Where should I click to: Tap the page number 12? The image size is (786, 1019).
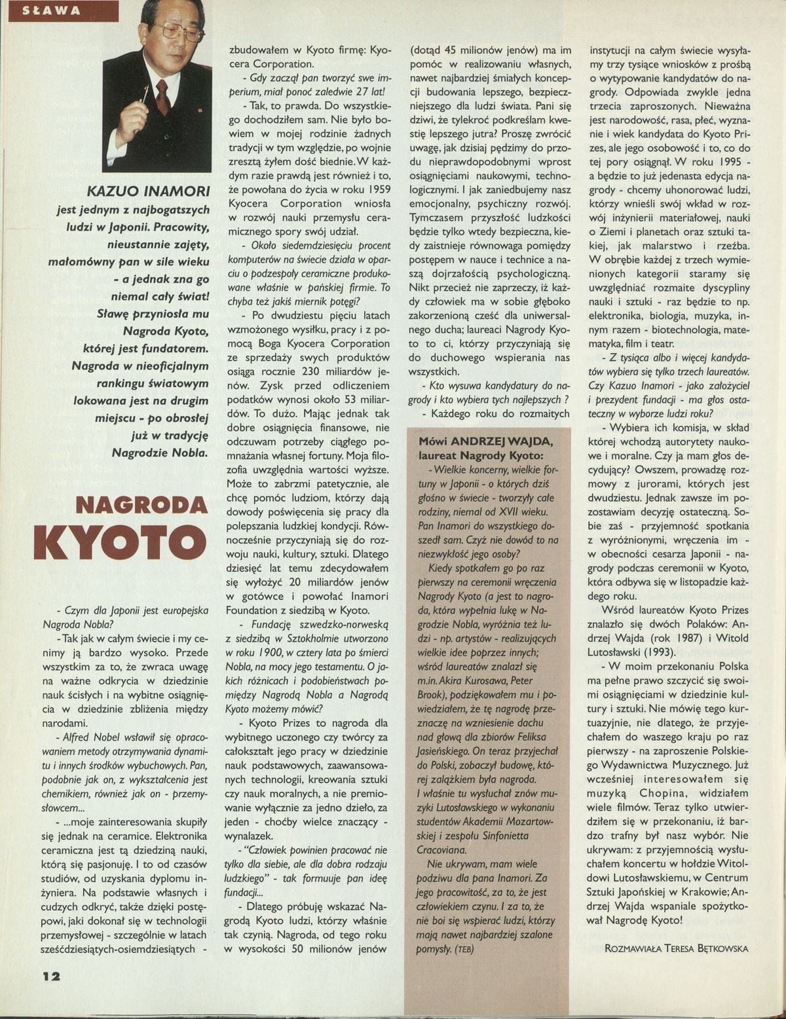pos(47,975)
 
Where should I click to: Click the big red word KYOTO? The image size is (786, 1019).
pos(119,544)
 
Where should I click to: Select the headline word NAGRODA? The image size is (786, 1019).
pos(141,505)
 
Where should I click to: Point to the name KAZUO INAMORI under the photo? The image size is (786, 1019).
pos(149,191)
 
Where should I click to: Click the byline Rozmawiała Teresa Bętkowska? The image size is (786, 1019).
pos(677,948)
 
